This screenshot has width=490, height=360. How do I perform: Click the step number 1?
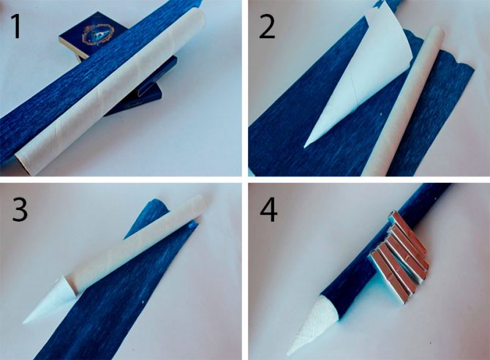16,27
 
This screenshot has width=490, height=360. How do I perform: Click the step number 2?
267,27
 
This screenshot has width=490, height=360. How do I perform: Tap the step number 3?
20,209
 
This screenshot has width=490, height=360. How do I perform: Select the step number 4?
268,211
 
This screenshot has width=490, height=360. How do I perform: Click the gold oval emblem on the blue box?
98,34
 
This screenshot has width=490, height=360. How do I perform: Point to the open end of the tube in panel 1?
26,162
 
